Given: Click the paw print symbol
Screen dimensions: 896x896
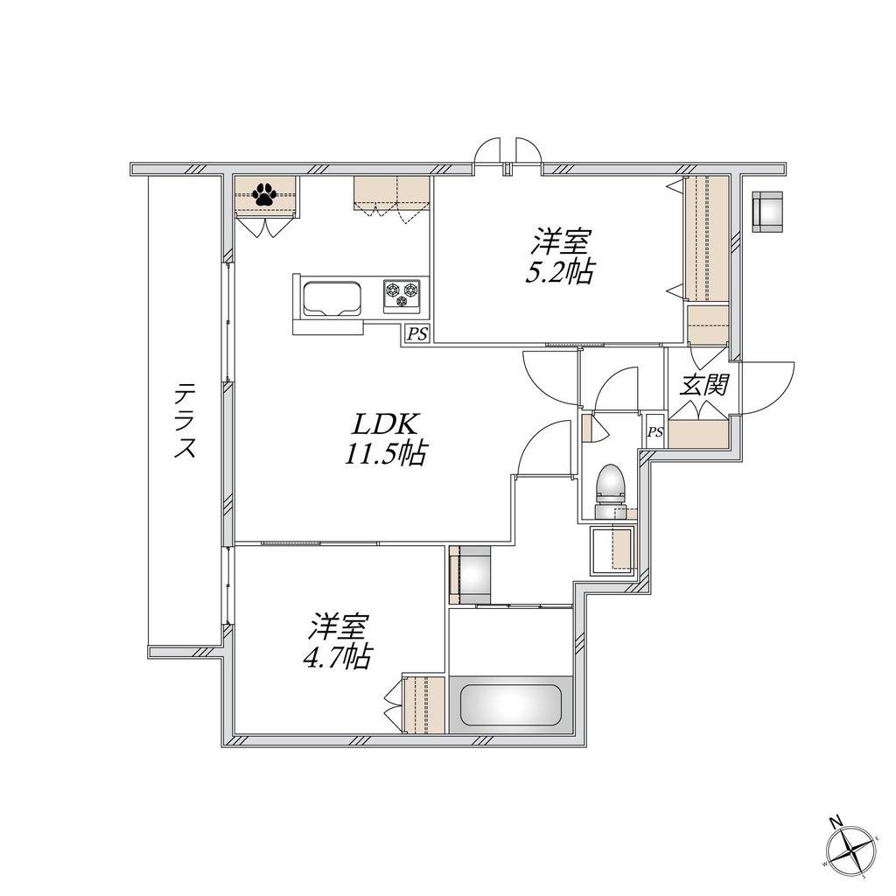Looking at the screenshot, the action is click(x=264, y=194).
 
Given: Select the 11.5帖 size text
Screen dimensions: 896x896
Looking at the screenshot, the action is click(x=385, y=454).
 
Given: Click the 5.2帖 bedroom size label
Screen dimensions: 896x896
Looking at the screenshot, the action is click(x=559, y=272).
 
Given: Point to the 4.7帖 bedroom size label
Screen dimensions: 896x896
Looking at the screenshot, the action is click(x=337, y=657).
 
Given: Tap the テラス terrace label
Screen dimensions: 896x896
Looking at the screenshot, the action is click(x=185, y=421).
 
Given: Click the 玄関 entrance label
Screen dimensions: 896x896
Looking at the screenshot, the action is click(x=703, y=385).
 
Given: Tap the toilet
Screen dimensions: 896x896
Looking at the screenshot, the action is click(x=609, y=491).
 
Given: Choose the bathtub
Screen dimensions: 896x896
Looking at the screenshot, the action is click(x=510, y=704).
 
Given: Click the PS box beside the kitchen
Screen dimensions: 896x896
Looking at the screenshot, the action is click(x=417, y=333).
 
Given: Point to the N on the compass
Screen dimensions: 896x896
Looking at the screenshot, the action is click(x=836, y=822).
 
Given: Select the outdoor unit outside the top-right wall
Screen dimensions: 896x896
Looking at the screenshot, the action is click(x=766, y=212).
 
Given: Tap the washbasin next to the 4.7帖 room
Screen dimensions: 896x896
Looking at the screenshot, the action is click(x=470, y=575).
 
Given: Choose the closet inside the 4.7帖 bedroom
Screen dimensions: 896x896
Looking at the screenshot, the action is click(x=423, y=704).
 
